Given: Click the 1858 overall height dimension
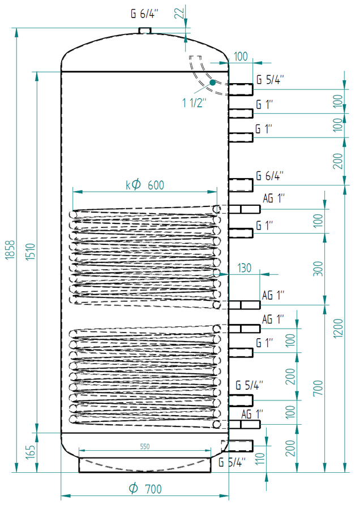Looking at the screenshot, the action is pos(10,249).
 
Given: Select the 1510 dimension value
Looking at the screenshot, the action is pos(31,252).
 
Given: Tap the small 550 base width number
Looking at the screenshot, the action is pos(145,446).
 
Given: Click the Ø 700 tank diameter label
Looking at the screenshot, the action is pos(145,489).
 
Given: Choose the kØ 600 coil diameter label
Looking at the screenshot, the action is pos(145,185).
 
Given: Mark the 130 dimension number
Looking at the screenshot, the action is pos(245,268).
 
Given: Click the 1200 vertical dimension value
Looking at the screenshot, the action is pos(338,328).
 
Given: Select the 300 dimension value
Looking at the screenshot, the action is pos(318,269).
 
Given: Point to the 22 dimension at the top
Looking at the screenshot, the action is pos(179,13).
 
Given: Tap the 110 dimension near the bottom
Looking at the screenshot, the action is pos(260,459).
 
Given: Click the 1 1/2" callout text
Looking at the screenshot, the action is pos(194,102).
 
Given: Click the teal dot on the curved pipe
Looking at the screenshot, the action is pos(212,83).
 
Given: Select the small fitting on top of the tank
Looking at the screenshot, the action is pos(145,30).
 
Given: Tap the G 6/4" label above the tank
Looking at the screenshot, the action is pos(144,14).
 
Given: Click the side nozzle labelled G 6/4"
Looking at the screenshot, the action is pos(241,185).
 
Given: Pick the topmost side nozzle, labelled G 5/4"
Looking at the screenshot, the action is pos(241,89).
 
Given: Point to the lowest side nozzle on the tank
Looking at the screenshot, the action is pos(241,446).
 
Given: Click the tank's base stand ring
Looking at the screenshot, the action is pos(145,465).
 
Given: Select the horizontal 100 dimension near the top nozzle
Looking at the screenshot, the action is pos(241,57).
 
